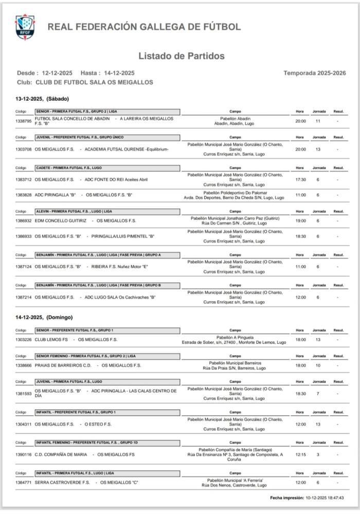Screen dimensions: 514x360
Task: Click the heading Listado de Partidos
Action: click(181, 56)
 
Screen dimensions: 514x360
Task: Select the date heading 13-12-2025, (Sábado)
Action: click(42, 98)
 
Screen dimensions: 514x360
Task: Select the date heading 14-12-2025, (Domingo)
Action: click(44, 317)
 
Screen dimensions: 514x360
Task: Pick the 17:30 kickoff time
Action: click(300, 180)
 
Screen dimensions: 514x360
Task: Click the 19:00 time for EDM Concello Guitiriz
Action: click(300, 221)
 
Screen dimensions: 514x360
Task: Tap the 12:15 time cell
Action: click(300, 454)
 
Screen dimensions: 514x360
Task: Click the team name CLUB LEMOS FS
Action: click(51, 340)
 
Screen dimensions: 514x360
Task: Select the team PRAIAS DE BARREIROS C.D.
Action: click(63, 365)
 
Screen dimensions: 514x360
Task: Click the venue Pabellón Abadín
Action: click(235, 118)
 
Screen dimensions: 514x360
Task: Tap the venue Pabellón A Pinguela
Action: click(235, 337)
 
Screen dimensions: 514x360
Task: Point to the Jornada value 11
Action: click(318, 121)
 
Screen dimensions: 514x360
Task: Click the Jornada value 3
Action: click(318, 454)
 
